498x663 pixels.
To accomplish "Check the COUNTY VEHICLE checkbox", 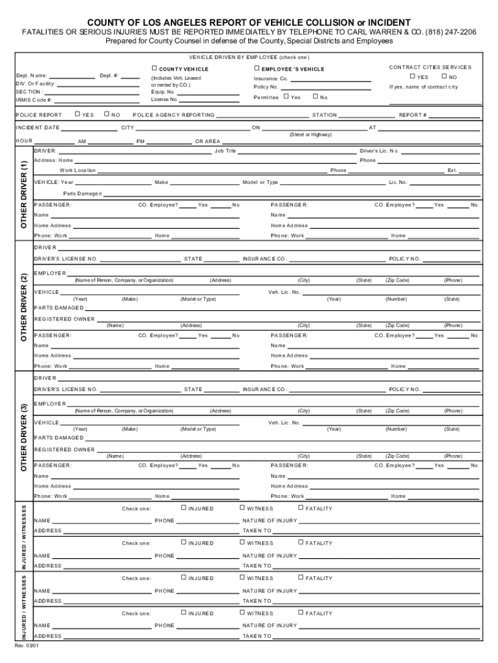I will pos(155,68).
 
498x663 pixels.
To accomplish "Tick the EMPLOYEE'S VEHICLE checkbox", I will pos(257,68).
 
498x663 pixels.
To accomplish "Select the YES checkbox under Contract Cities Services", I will pos(412,76).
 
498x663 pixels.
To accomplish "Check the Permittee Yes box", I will pos(287,96).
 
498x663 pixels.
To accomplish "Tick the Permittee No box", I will pos(315,96).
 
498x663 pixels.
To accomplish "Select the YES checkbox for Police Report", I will pos(77,114).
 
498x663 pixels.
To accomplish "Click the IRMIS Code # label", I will pos(34,100).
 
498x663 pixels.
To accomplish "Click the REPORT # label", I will pos(413,115).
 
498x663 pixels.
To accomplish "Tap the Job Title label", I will pos(225,151).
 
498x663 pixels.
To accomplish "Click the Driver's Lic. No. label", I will pos(380,151).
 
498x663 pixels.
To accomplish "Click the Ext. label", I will pos(452,171).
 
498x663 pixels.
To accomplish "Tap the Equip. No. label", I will pos(162,92).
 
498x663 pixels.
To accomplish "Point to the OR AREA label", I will pos(208,141).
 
